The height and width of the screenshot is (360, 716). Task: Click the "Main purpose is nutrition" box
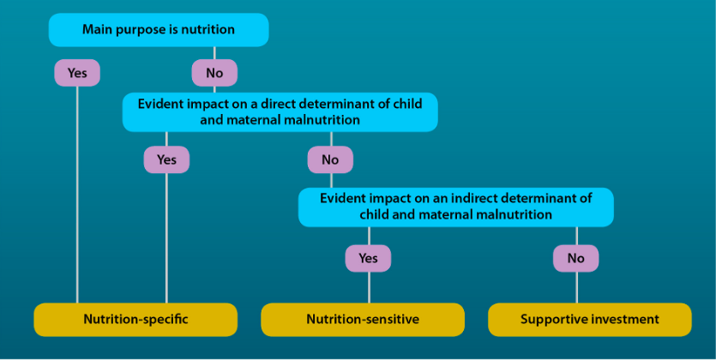(159, 30)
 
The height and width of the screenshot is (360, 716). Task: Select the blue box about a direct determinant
(280, 111)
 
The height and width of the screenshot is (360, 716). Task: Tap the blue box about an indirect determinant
(455, 207)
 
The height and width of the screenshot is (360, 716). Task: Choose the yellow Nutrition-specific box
(135, 320)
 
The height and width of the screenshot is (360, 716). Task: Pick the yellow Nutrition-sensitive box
(363, 320)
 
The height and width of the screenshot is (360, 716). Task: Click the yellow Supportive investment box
(589, 320)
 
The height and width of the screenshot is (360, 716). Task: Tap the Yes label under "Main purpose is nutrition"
(77, 73)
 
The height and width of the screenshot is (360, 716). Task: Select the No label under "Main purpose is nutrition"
(214, 73)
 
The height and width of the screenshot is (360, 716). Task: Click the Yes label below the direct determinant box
(166, 159)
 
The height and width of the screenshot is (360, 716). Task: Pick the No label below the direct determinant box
(330, 159)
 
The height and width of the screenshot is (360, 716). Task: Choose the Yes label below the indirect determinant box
(368, 258)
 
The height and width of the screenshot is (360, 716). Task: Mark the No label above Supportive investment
(576, 258)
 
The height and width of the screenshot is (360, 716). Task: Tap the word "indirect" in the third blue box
(472, 199)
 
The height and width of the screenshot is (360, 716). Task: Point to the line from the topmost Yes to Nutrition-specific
(77, 195)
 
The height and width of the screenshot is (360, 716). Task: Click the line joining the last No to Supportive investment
(577, 287)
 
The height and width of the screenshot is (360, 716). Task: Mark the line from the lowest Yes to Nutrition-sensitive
(369, 287)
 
